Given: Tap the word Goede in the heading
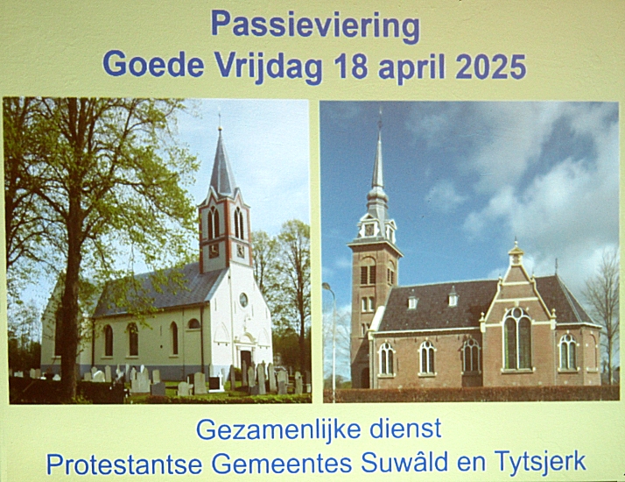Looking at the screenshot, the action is click(153, 64).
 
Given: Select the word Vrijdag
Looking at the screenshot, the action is click(268, 67).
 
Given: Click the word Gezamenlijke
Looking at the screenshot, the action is click(278, 430).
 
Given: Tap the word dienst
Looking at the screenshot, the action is click(405, 429).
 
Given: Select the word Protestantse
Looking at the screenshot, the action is click(124, 464).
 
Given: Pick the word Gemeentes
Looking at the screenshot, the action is click(281, 464).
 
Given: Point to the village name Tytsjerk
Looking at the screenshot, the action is click(540, 463).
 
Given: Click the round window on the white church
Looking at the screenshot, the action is click(243, 300).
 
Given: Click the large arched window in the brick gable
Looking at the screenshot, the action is click(517, 338).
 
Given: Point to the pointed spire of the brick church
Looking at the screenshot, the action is click(378, 156).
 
